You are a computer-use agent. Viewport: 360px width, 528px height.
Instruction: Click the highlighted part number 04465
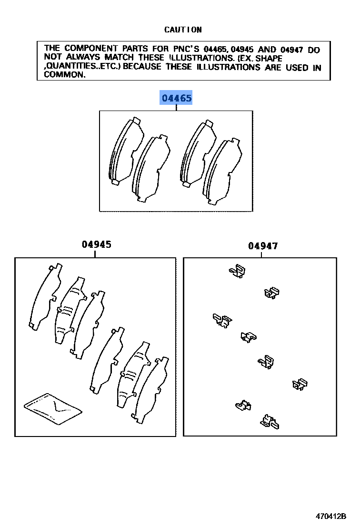pyautogui.click(x=176, y=99)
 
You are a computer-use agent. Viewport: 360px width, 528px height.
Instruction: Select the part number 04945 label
pyautogui.click(x=96, y=244)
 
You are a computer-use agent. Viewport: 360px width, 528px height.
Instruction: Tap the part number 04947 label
pyautogui.click(x=263, y=246)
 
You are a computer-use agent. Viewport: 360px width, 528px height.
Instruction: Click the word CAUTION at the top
pyautogui.click(x=183, y=30)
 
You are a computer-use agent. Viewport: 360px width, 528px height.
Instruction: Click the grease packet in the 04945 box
pyautogui.click(x=52, y=407)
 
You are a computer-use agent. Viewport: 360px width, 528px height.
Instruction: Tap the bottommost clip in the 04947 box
pyautogui.click(x=270, y=421)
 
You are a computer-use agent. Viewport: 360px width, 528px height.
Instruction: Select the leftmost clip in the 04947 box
pyautogui.click(x=221, y=320)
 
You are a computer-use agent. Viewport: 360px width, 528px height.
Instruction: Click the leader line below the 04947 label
pyautogui.click(x=261, y=254)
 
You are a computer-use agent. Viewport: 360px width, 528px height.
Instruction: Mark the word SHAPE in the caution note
pyautogui.click(x=270, y=58)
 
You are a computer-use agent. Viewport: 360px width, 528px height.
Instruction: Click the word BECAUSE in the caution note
pyautogui.click(x=143, y=67)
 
